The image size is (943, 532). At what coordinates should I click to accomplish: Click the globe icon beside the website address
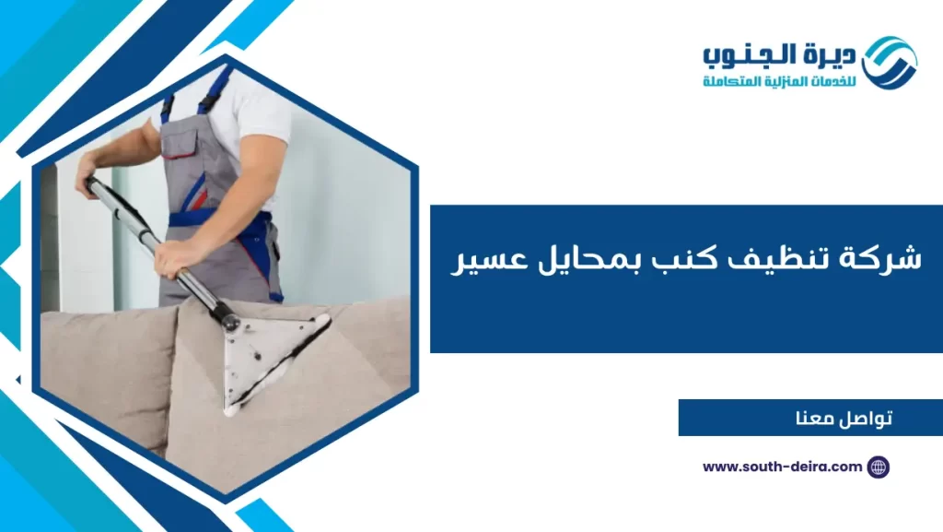pos(879,467)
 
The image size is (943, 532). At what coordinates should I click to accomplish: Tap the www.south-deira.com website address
pos(782,467)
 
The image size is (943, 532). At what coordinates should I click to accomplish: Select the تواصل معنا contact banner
pos(810,418)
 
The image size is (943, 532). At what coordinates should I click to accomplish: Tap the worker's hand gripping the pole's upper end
pos(88,173)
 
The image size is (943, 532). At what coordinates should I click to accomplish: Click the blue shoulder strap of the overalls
pos(215,85)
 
